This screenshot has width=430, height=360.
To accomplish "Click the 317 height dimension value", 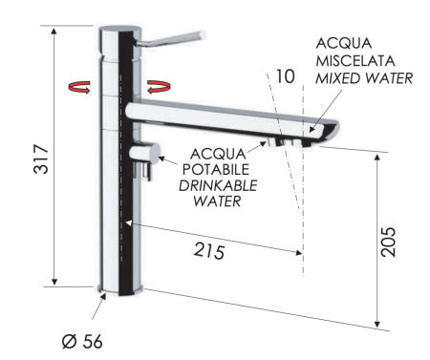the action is [41, 159].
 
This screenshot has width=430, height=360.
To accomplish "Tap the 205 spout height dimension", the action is [388, 242].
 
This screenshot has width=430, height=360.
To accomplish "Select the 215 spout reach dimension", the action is [209, 250].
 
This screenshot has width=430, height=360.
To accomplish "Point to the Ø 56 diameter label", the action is [82, 342].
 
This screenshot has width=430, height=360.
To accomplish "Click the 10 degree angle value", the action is [285, 76].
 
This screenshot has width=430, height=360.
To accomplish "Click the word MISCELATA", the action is [355, 61].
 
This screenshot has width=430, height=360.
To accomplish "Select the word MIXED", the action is [337, 78].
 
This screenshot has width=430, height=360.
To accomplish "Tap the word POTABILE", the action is [216, 169].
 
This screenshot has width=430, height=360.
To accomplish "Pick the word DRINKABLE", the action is [218, 186].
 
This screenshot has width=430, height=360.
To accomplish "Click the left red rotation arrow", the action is [79, 87].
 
